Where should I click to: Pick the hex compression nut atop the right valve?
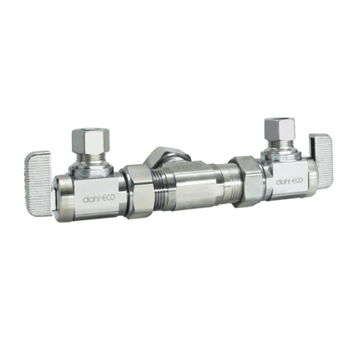pos(275,127)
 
